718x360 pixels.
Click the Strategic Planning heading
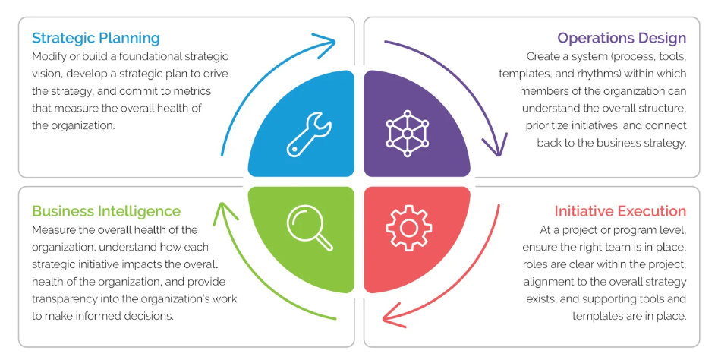[x=96, y=38]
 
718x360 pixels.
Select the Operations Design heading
[x=622, y=38]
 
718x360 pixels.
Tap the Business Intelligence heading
[x=106, y=211]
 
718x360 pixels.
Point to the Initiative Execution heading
[x=620, y=211]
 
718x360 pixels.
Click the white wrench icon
[x=308, y=134]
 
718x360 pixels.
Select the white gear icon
[x=409, y=226]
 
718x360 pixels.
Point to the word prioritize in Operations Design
[x=553, y=125]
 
